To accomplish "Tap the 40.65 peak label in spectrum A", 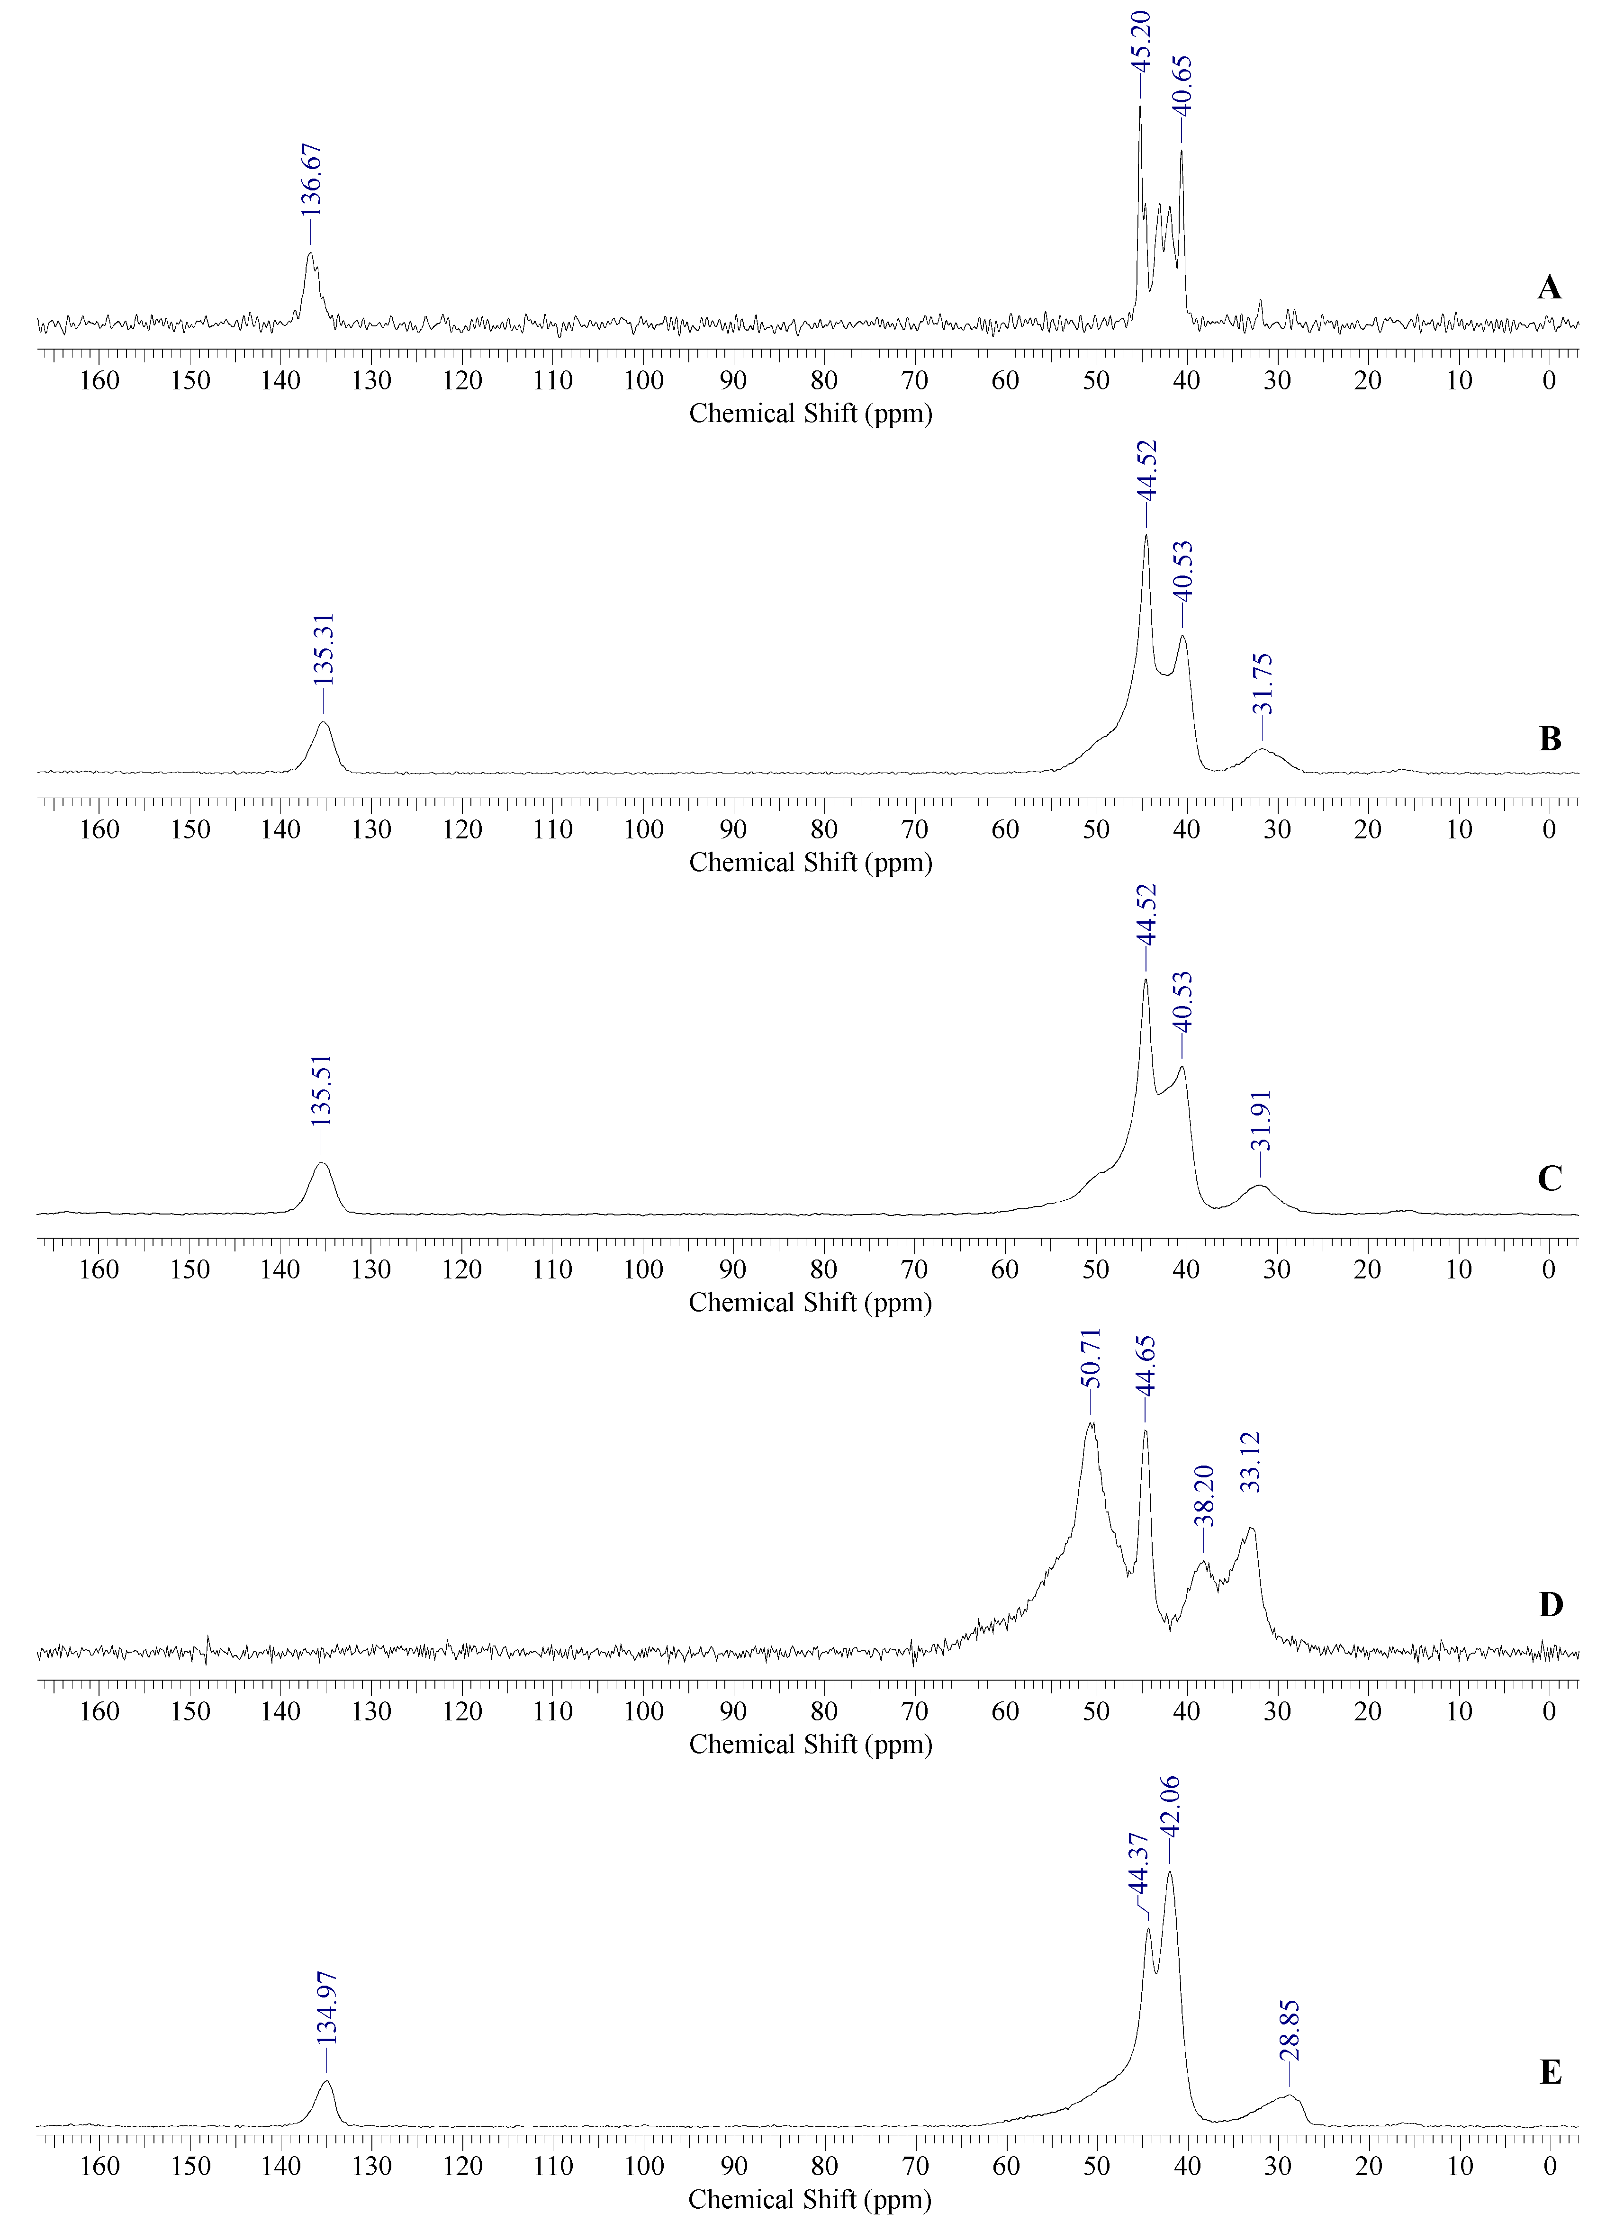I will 1182,86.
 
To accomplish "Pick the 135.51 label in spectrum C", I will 321,1089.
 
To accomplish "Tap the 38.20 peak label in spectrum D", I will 1204,1496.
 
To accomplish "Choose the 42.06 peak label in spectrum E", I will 1170,1806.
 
